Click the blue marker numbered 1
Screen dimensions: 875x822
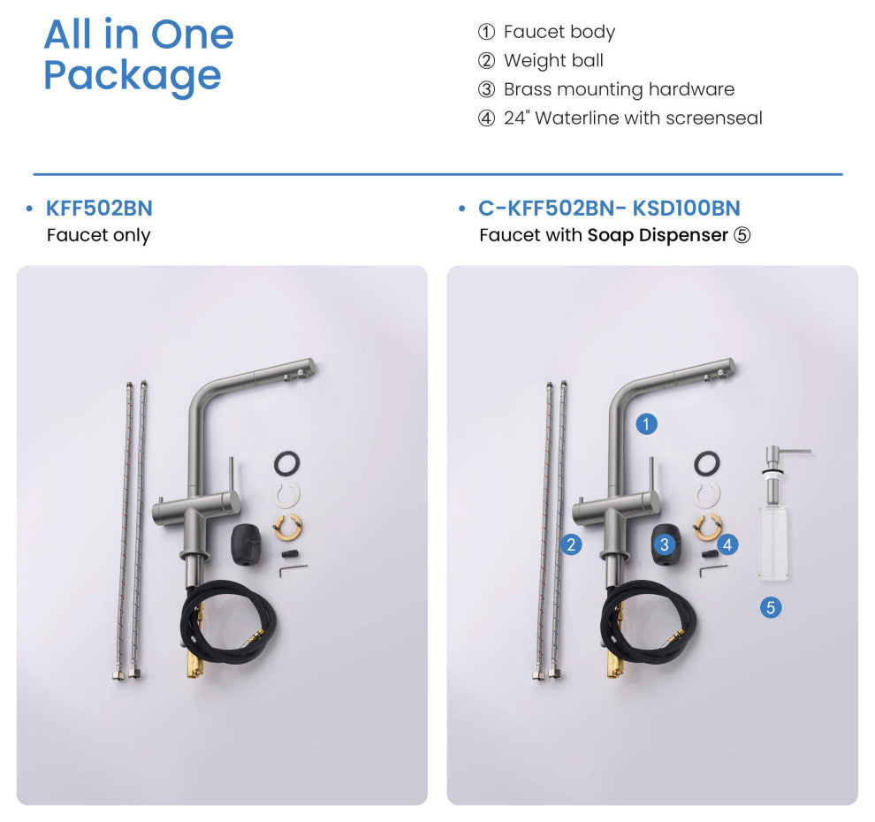tap(646, 424)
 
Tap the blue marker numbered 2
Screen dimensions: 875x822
tap(571, 544)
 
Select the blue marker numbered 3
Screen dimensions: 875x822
tap(664, 544)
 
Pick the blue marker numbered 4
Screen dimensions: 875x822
tap(727, 544)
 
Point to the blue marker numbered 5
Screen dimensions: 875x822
tap(771, 607)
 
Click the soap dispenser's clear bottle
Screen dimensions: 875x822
tap(773, 543)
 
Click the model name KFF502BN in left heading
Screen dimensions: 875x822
tap(99, 208)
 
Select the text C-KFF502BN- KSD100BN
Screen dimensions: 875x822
tap(609, 208)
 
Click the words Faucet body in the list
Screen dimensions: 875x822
tap(559, 32)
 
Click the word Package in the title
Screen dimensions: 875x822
tap(133, 76)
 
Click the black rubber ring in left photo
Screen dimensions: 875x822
tap(287, 463)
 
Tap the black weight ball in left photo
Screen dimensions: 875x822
tap(246, 544)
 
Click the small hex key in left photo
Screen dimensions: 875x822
tap(293, 570)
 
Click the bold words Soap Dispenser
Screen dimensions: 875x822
tap(658, 235)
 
